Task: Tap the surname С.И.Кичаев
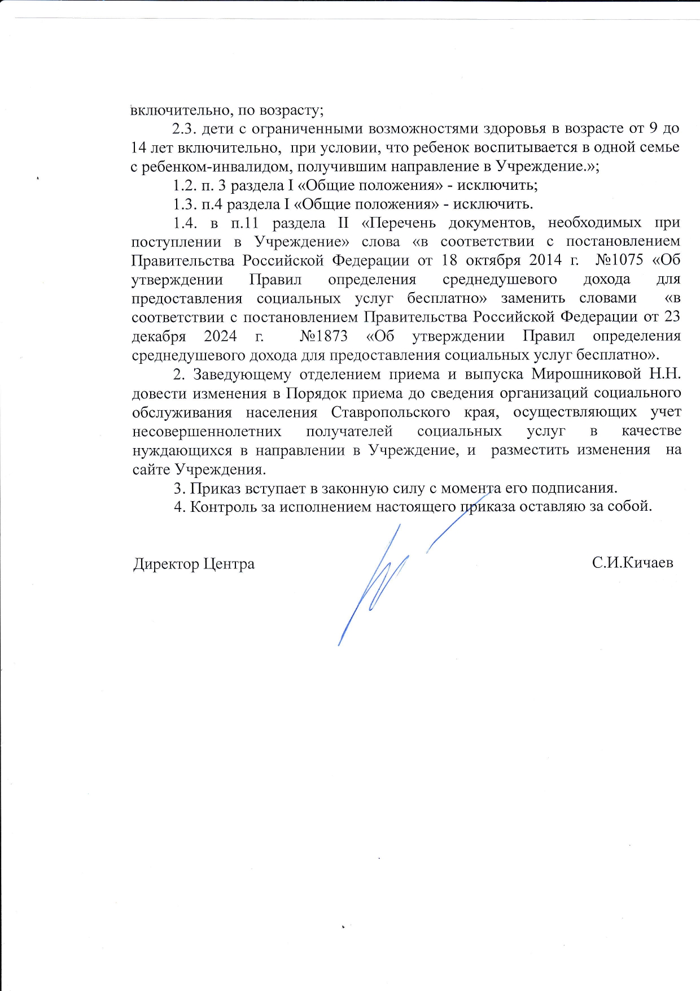[x=632, y=563]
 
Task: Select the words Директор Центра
[x=194, y=564]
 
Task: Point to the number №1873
[x=323, y=336]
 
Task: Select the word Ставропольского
[x=391, y=412]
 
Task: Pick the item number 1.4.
[x=185, y=223]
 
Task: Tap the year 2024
[x=220, y=336]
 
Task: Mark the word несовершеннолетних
[x=207, y=431]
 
